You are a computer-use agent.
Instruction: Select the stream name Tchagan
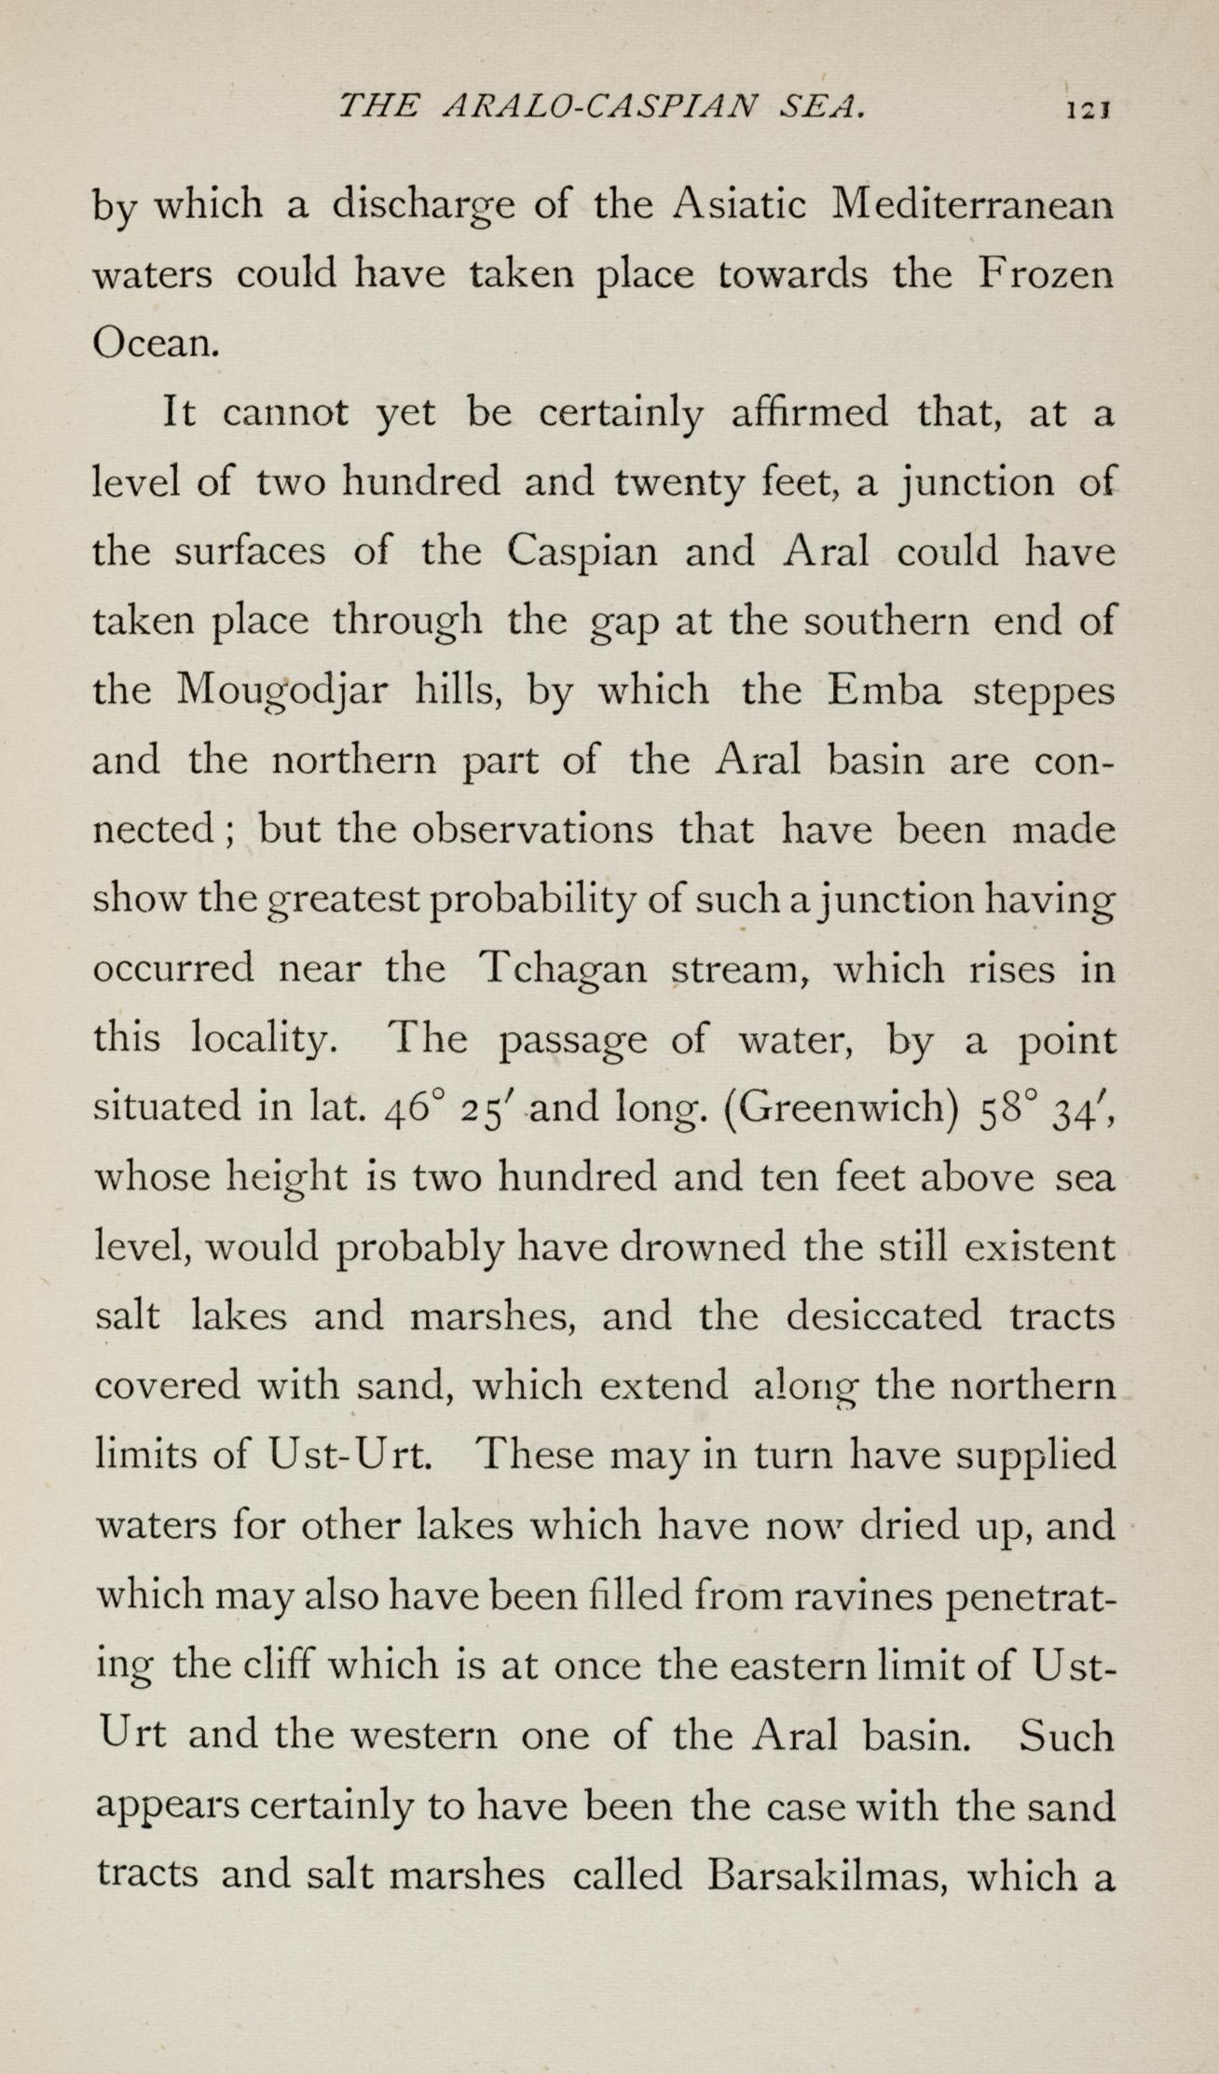563,970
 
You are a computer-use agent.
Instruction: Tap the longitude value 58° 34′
1045,1108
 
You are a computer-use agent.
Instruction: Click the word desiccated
883,1316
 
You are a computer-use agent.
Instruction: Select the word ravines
860,1596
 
